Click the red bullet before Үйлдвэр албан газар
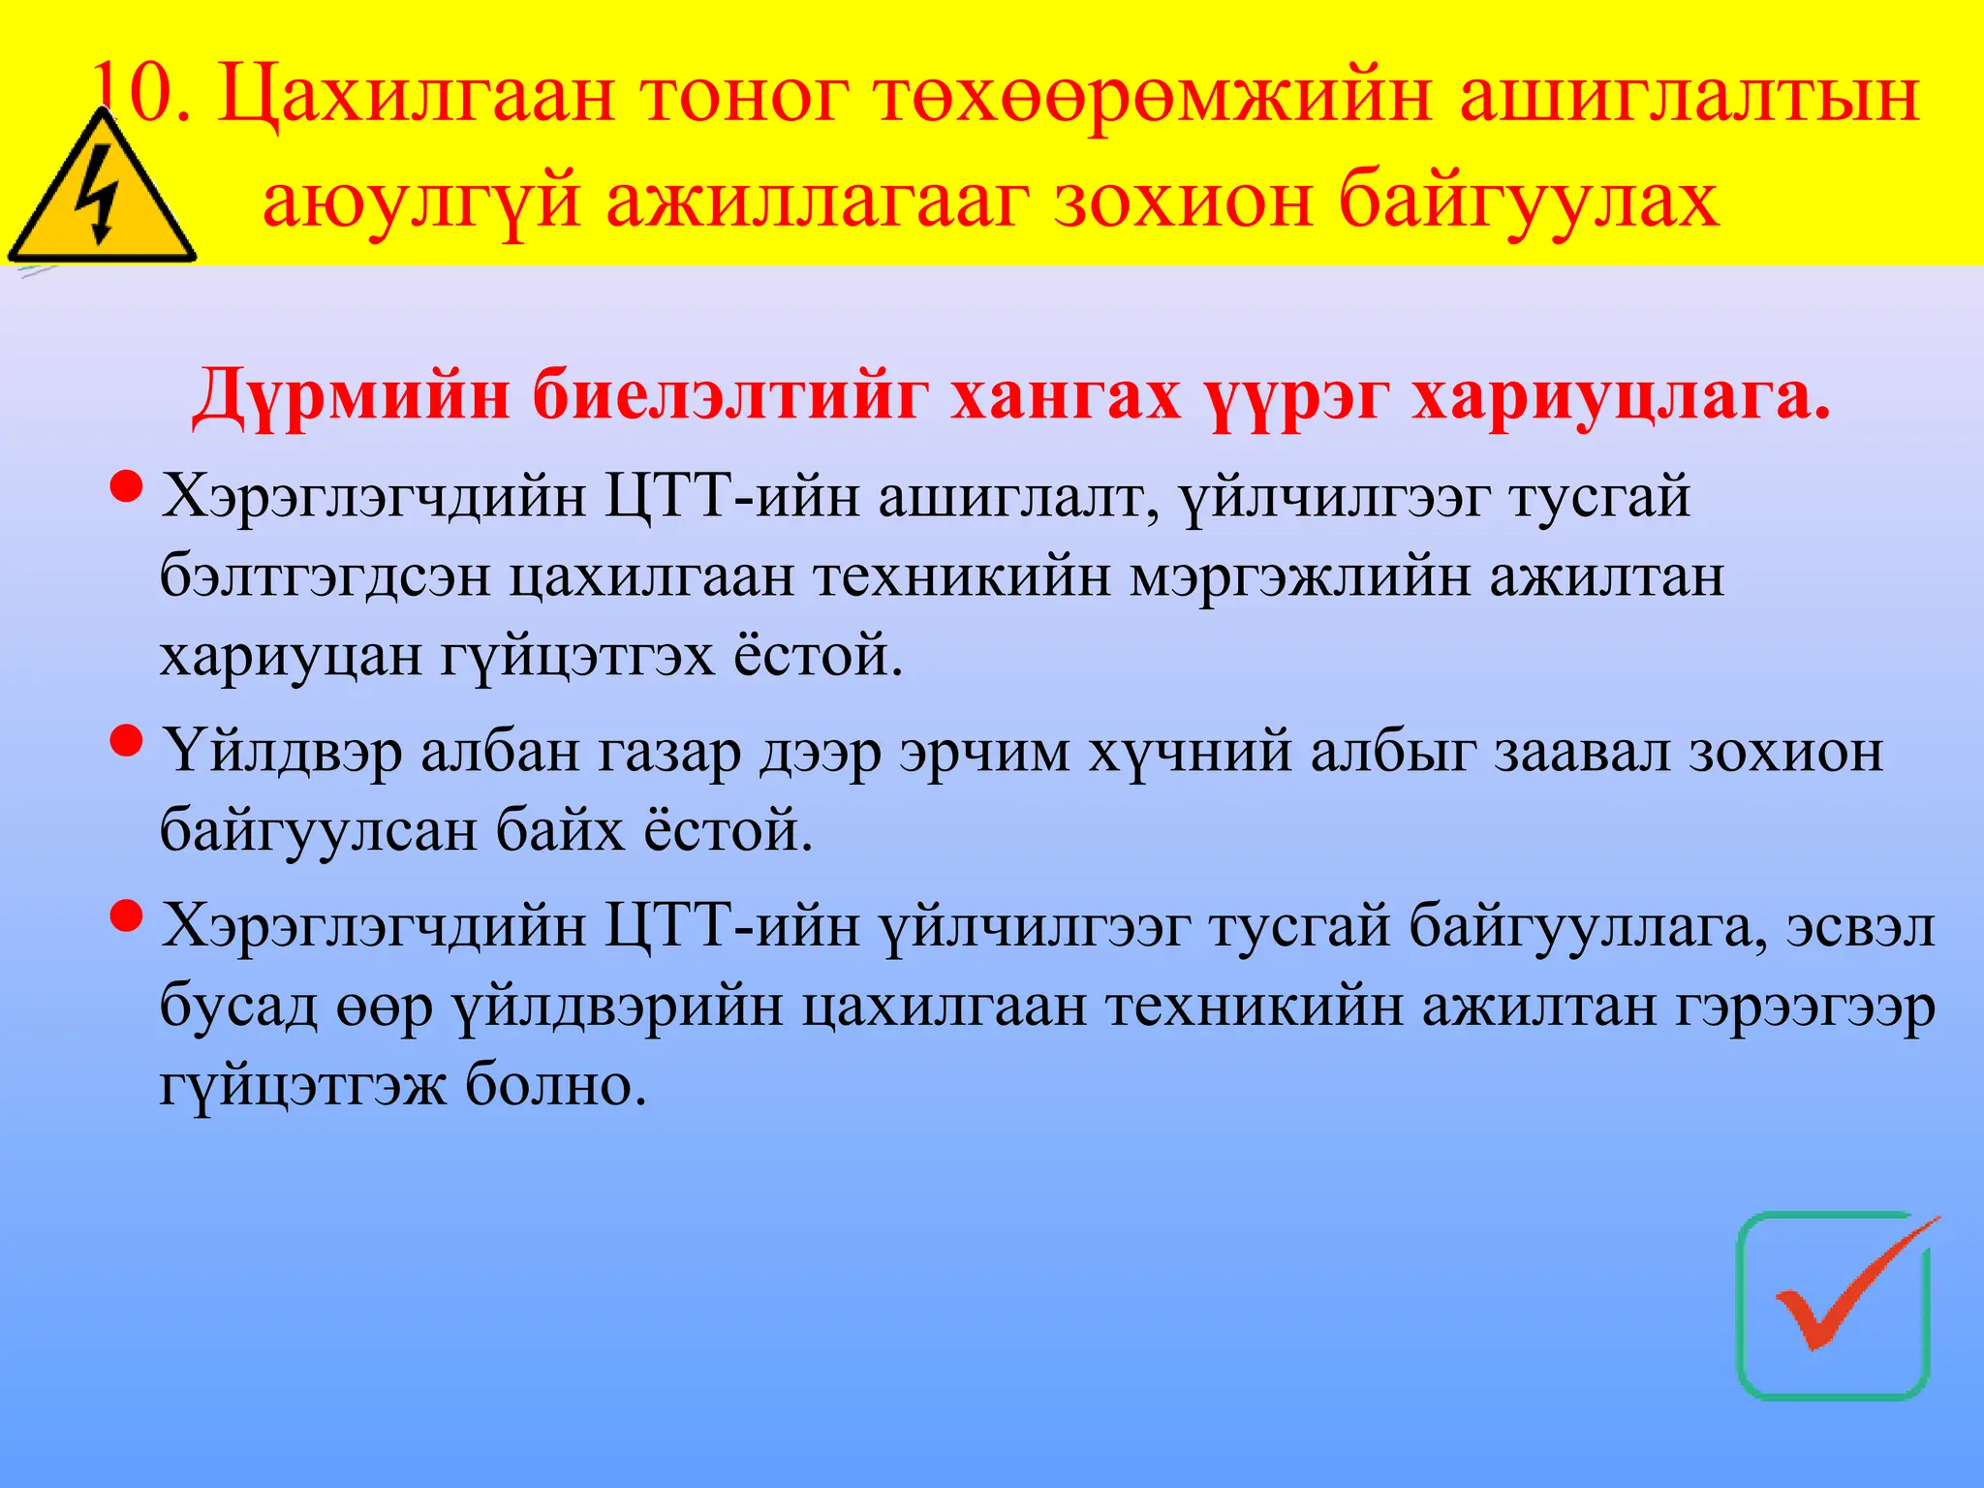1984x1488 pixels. coord(127,741)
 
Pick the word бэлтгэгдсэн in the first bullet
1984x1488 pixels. coord(325,577)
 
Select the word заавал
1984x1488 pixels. coord(1581,752)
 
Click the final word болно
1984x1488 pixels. coord(555,1085)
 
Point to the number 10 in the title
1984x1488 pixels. coord(136,94)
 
